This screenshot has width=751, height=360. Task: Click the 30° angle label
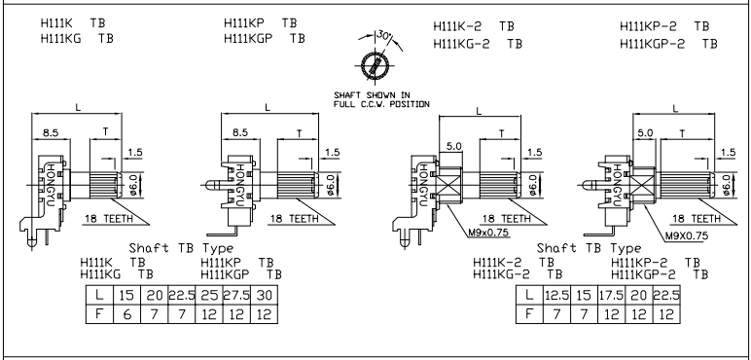pos(383,35)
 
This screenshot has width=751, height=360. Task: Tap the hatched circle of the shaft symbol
pos(375,65)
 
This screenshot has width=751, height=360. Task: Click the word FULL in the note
pos(343,104)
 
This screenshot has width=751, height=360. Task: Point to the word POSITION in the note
pos(410,104)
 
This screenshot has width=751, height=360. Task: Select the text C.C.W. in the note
pos(371,104)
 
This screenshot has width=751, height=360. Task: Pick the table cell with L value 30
pos(264,295)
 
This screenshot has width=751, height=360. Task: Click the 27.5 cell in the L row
pos(236,295)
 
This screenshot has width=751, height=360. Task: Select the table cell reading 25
pos(209,295)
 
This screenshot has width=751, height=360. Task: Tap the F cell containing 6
pos(126,314)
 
